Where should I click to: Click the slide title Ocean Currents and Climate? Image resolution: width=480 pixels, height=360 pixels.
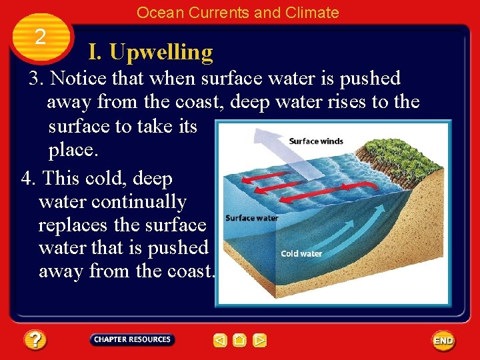coord(237,12)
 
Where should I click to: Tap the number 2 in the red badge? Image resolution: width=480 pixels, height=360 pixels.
coord(40,37)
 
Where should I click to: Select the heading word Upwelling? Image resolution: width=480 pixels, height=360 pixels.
coord(161,52)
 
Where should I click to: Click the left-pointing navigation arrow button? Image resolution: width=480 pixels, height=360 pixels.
coord(220,341)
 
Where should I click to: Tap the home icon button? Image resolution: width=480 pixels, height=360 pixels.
coord(240,341)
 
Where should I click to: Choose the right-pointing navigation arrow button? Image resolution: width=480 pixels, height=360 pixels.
coord(260,341)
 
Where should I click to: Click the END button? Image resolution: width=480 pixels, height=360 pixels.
coord(443,341)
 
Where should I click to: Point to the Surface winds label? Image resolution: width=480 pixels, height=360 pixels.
coord(316,141)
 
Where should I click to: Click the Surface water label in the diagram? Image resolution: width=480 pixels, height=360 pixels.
coord(251,218)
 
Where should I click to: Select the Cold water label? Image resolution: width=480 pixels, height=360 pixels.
coord(301,253)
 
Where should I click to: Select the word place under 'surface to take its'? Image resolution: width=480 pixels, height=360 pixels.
coord(73,150)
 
